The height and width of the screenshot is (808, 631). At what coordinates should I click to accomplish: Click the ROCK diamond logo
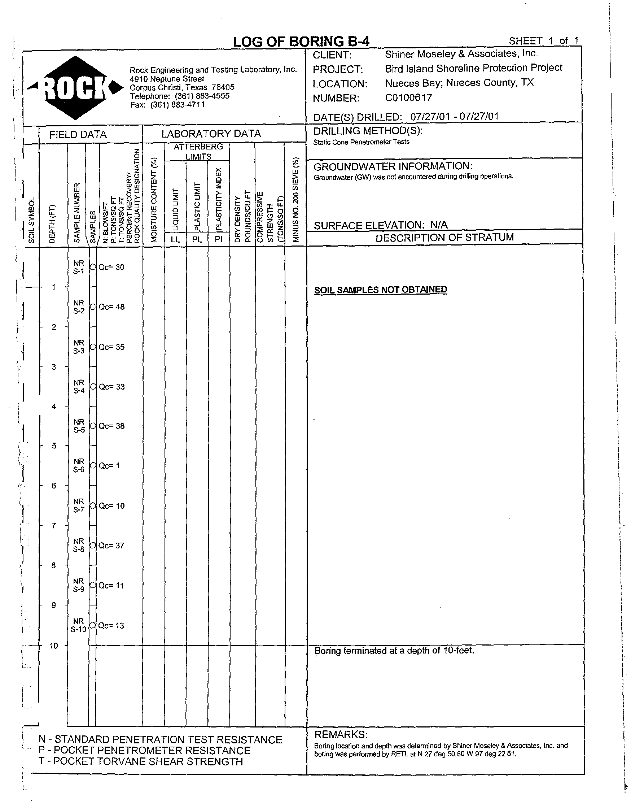[75, 88]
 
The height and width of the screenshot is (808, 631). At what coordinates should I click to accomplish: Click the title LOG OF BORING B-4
[301, 42]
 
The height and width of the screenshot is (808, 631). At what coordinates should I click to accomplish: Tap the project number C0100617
[408, 98]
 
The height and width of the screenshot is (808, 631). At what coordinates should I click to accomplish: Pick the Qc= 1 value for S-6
[109, 466]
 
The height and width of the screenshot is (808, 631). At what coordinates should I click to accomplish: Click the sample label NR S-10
[79, 625]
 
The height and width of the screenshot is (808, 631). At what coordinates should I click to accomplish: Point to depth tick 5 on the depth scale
[54, 446]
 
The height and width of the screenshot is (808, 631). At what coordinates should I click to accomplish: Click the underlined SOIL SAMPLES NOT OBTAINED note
[380, 290]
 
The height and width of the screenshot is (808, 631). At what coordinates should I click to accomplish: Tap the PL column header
[197, 239]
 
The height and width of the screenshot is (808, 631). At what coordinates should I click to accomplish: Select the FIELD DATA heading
[78, 135]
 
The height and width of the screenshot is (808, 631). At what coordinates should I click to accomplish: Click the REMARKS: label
[341, 734]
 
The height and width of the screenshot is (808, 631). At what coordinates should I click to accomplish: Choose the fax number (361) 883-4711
[167, 105]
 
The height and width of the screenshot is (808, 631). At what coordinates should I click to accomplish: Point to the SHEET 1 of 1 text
[543, 41]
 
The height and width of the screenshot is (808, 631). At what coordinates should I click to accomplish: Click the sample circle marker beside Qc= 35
[93, 347]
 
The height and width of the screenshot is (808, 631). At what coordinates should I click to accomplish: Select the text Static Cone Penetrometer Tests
[361, 142]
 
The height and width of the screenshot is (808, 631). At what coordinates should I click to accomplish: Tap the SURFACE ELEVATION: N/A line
[380, 225]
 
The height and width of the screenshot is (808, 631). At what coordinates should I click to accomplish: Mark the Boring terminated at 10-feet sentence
[394, 650]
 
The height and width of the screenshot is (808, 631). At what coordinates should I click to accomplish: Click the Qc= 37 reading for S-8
[111, 545]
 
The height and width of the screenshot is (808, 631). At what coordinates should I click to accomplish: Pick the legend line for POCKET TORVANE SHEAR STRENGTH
[140, 761]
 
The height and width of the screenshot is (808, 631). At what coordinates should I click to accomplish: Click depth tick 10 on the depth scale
[54, 646]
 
